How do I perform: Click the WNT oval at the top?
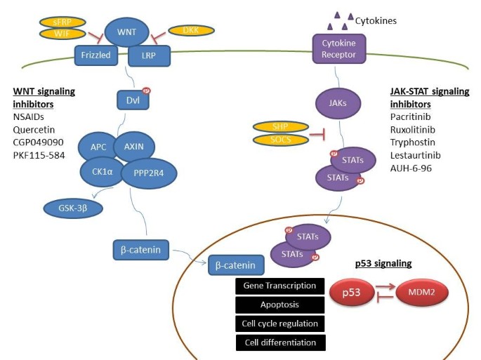[127, 32]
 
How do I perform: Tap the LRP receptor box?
[148, 53]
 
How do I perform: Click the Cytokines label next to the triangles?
[377, 21]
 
